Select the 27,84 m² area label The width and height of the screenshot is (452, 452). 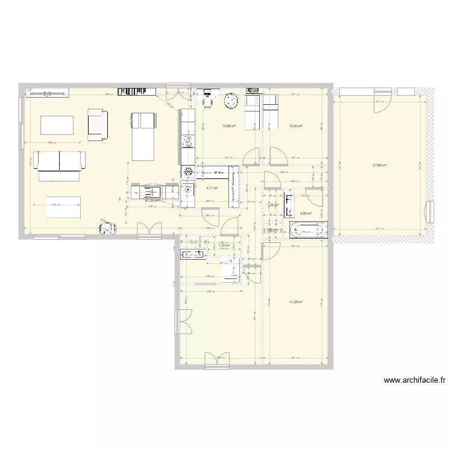[380, 165]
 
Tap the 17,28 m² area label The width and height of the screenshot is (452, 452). [295, 302]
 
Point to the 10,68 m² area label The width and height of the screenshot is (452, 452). [228, 127]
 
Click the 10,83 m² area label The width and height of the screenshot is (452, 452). [295, 127]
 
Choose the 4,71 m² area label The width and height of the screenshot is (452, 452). [212, 188]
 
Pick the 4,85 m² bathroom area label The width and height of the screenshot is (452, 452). [306, 213]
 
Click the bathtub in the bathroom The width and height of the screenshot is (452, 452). [309, 229]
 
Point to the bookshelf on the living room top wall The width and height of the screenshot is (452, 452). [137, 91]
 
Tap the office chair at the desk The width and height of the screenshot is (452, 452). [209, 103]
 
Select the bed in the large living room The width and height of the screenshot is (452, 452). [143, 136]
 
